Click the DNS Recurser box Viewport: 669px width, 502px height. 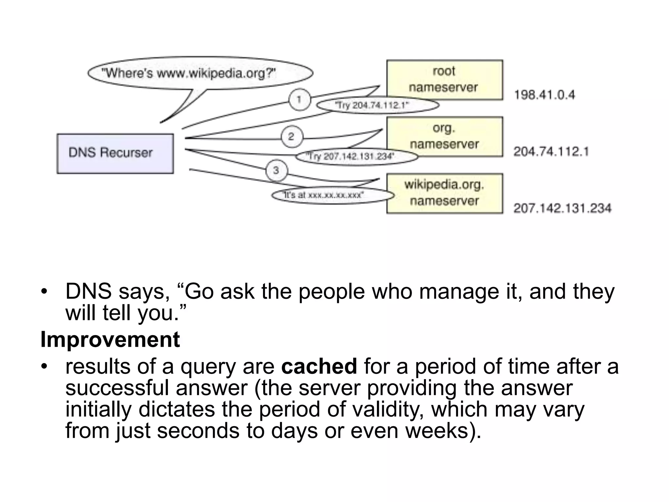click(x=115, y=153)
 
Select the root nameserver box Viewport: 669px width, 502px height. click(x=444, y=80)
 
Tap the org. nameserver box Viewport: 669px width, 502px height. click(x=444, y=137)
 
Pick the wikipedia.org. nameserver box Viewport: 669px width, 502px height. click(x=444, y=193)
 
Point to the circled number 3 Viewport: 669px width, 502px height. click(x=276, y=170)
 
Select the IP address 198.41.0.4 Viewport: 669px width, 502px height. click(x=545, y=95)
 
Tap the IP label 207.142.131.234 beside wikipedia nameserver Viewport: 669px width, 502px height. click(x=562, y=208)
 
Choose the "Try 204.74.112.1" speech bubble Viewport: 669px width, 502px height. click(x=378, y=105)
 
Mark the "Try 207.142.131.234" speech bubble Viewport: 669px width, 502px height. click(x=356, y=157)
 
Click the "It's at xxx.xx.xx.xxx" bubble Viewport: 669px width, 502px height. click(x=333, y=195)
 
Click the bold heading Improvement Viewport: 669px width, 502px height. click(x=110, y=340)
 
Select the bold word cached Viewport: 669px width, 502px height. click(x=319, y=366)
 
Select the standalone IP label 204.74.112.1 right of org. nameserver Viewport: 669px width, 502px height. click(x=551, y=152)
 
